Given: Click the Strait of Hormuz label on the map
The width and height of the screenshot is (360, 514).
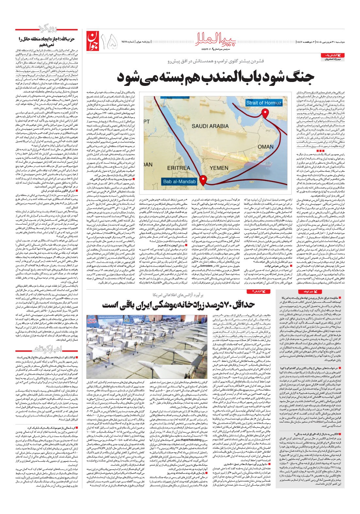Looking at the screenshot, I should point(263,103).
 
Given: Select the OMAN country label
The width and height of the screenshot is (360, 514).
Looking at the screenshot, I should point(266,147).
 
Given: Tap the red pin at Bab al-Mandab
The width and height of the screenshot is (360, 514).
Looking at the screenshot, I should point(203,180).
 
